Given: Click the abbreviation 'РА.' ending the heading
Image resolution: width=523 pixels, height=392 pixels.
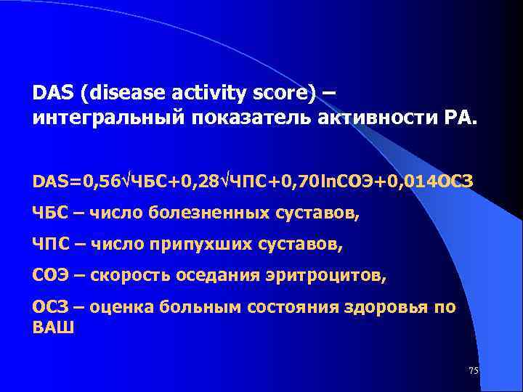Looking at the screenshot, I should (x=458, y=118).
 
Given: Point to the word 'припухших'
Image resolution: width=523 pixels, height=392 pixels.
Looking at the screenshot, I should (x=188, y=245).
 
